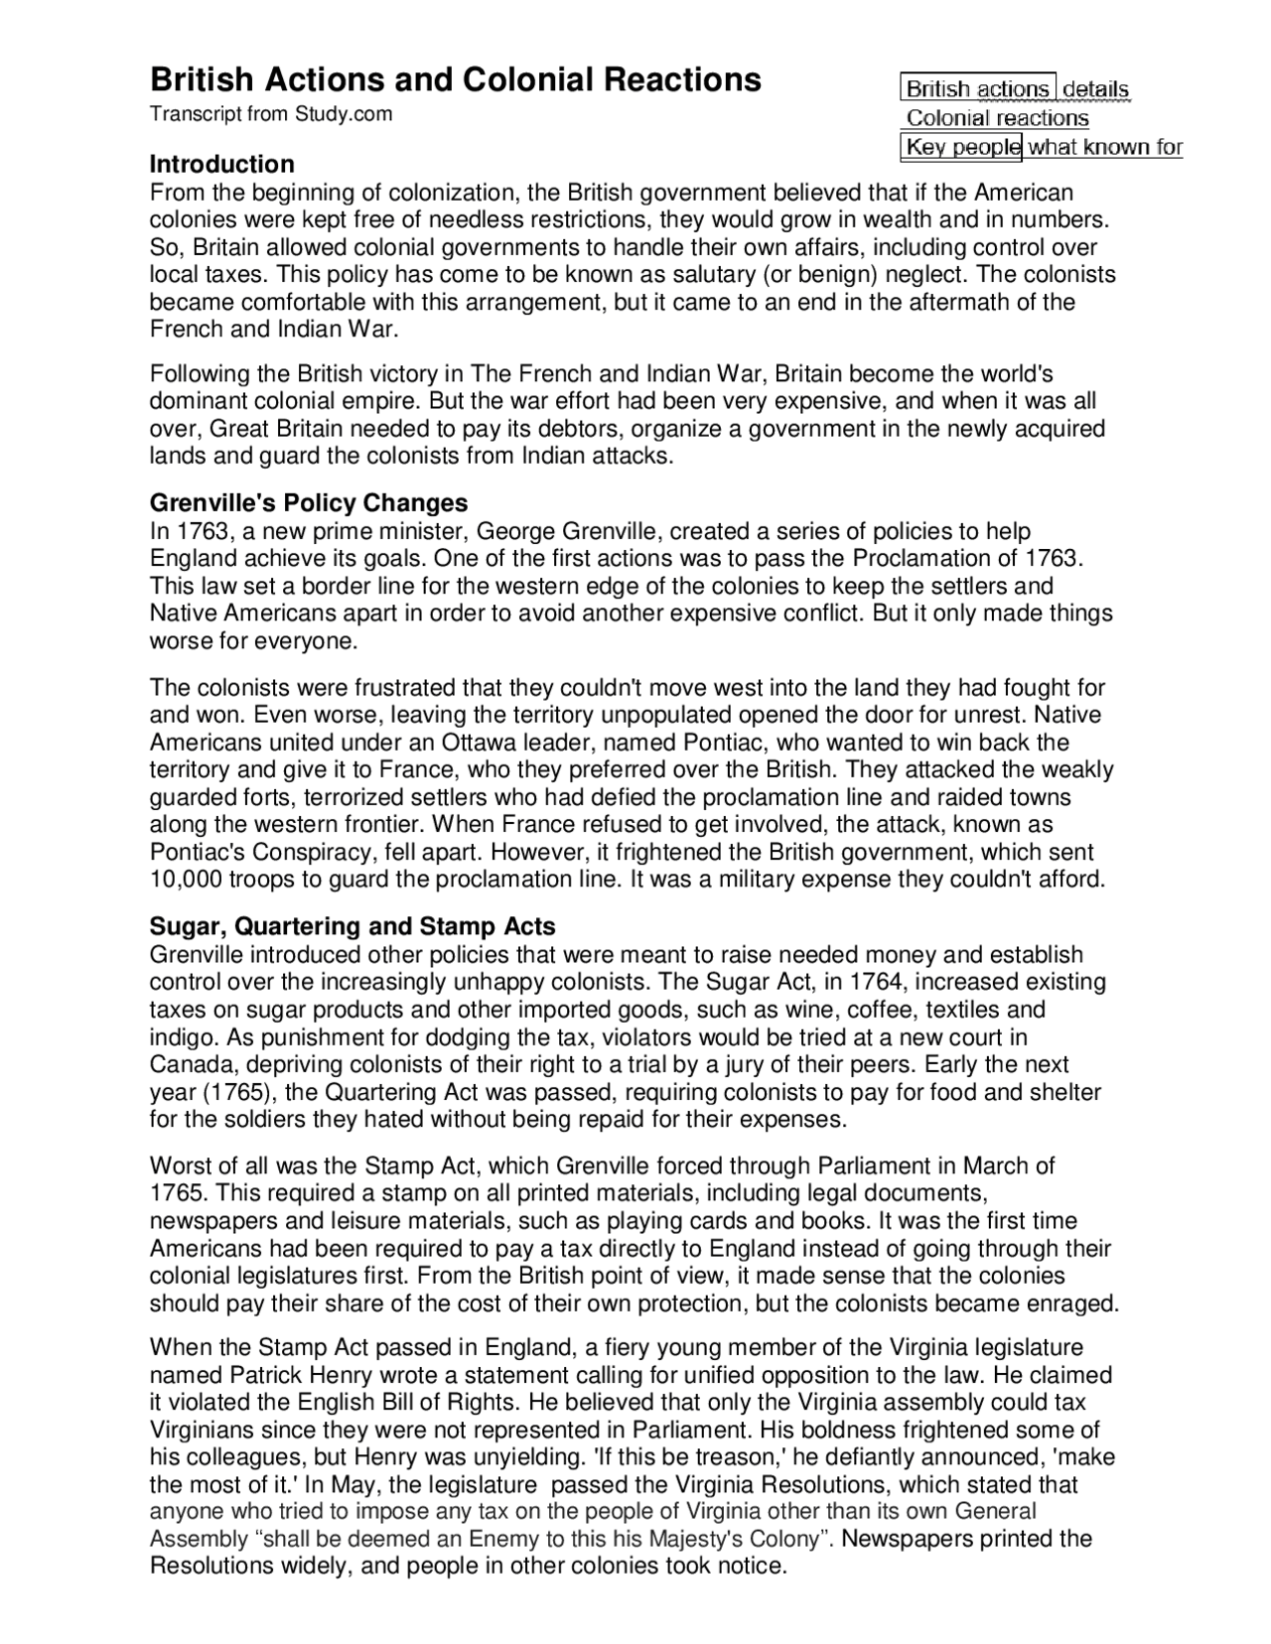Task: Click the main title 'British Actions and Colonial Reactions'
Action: (x=455, y=79)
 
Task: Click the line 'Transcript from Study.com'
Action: (x=270, y=114)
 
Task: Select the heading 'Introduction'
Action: (x=221, y=164)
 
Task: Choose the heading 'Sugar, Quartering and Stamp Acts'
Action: (x=352, y=926)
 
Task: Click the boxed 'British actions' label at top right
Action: (x=977, y=89)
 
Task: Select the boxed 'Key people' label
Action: (x=962, y=148)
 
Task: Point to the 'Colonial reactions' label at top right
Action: (x=997, y=118)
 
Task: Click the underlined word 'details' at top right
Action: (x=1095, y=89)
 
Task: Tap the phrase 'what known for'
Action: (x=1104, y=148)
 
